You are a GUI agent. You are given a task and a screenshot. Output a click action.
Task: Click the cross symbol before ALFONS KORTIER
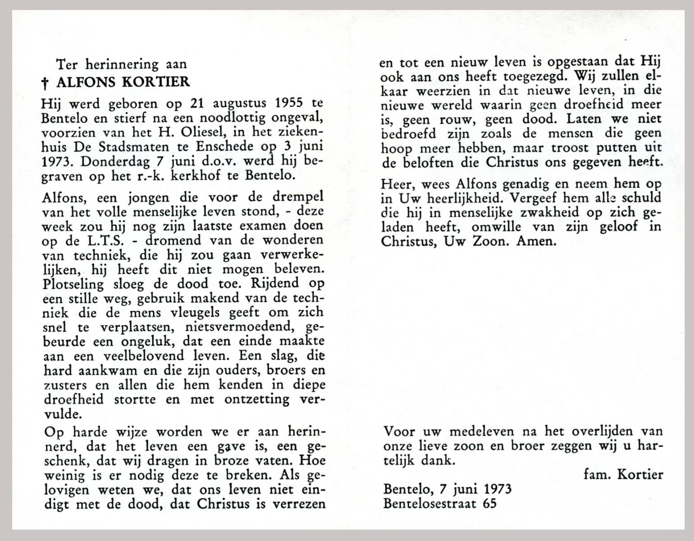tap(45, 83)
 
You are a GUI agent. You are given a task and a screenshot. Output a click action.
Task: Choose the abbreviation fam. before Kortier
tap(598, 474)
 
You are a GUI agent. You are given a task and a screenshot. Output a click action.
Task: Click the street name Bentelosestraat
tap(430, 503)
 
